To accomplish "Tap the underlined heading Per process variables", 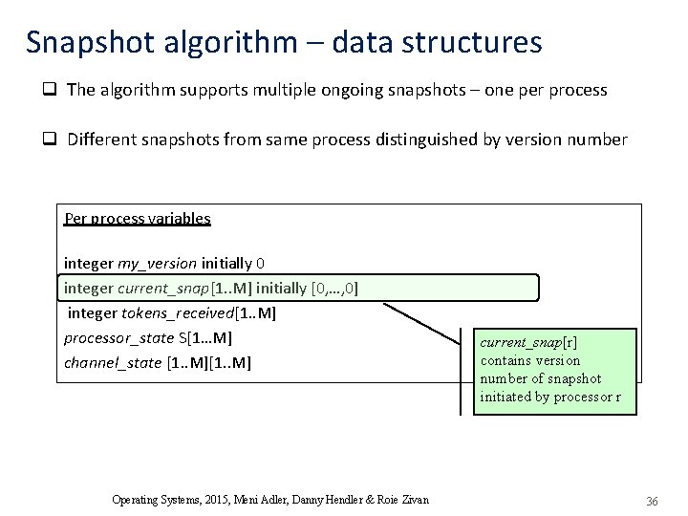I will click(x=138, y=218).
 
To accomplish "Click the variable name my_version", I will click(x=157, y=262).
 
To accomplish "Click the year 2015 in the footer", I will click(x=217, y=499).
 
